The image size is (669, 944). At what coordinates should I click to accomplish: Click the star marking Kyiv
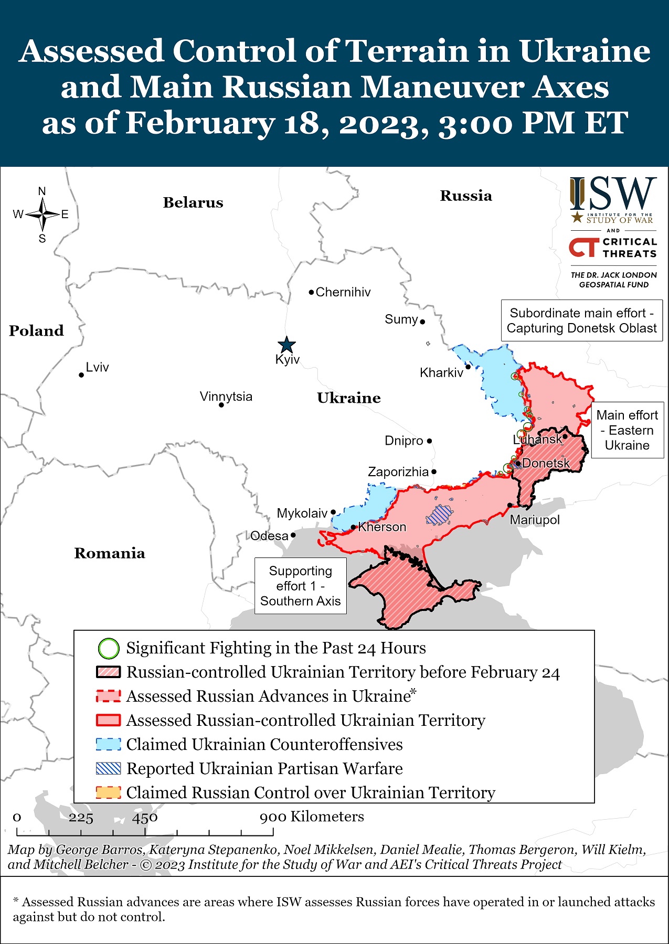pyautogui.click(x=286, y=345)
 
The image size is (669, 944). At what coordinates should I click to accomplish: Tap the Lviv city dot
pyautogui.click(x=81, y=375)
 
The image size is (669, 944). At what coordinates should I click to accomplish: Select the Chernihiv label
pyautogui.click(x=343, y=292)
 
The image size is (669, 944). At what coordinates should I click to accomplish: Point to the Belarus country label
pyautogui.click(x=193, y=202)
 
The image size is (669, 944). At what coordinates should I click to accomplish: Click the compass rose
pyautogui.click(x=43, y=214)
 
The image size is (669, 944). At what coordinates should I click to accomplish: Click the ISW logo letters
pyautogui.click(x=613, y=194)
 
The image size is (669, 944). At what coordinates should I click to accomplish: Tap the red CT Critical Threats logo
pyautogui.click(x=584, y=248)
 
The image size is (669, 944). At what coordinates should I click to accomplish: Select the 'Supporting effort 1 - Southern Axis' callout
pyautogui.click(x=301, y=586)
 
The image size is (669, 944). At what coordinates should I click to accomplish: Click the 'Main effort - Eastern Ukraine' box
pyautogui.click(x=627, y=430)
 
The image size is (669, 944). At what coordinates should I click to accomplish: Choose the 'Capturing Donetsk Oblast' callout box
pyautogui.click(x=581, y=320)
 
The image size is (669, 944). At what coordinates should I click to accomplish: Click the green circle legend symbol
pyautogui.click(x=109, y=648)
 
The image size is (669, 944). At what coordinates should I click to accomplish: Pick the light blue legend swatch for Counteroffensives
pyautogui.click(x=109, y=745)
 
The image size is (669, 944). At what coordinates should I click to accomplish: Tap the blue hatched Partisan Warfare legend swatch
pyautogui.click(x=109, y=769)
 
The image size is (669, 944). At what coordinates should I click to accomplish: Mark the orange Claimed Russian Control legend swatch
pyautogui.click(x=109, y=792)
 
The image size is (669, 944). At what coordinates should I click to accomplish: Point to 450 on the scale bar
pyautogui.click(x=145, y=818)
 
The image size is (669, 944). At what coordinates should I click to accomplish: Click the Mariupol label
pyautogui.click(x=535, y=520)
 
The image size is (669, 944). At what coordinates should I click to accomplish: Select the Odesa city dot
pyautogui.click(x=293, y=535)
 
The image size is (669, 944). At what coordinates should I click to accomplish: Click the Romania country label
pyautogui.click(x=110, y=553)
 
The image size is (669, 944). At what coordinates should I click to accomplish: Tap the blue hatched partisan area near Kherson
pyautogui.click(x=438, y=515)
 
